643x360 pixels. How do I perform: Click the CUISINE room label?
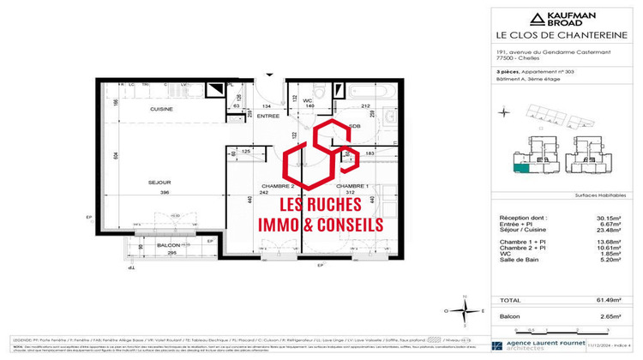tap(139, 109)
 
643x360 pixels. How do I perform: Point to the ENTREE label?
tap(245, 116)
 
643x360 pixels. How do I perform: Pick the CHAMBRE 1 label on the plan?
tap(352, 186)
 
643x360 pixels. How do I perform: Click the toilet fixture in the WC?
tap(301, 89)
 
